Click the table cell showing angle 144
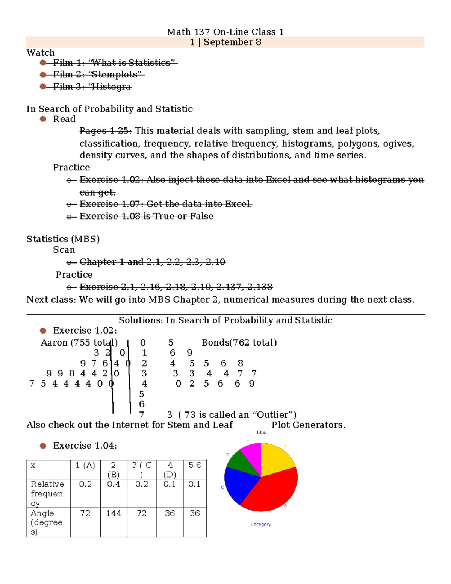(114, 513)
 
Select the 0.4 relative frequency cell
(114, 484)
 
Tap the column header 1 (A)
(85, 465)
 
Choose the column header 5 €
(194, 465)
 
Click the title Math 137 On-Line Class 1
(225, 32)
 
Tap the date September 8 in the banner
(232, 42)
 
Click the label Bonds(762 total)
(239, 343)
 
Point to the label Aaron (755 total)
(79, 343)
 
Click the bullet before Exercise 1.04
(43, 446)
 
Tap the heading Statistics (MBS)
(63, 239)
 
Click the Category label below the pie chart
(261, 524)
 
